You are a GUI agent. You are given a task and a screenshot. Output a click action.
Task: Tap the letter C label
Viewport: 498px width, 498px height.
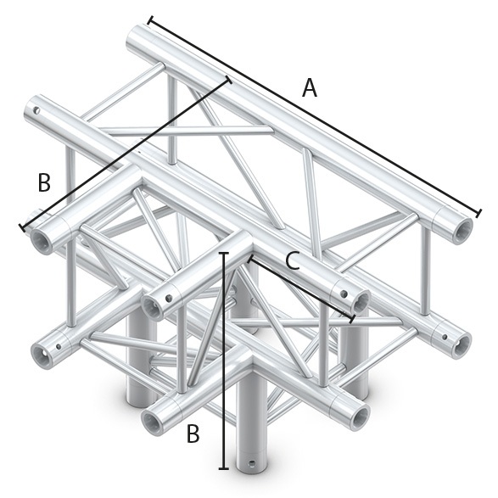[x=292, y=261]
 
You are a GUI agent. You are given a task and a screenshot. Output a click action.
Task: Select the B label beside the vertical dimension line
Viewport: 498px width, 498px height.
[x=193, y=434]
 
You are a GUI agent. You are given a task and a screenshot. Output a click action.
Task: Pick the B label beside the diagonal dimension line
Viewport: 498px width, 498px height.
[x=44, y=182]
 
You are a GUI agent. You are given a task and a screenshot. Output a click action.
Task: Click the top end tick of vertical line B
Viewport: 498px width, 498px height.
[x=224, y=253]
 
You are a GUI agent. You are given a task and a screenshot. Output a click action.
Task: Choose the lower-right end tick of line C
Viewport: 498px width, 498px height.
[x=353, y=319]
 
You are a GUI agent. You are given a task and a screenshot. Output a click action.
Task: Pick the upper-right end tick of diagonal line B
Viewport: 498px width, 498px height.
[x=228, y=81]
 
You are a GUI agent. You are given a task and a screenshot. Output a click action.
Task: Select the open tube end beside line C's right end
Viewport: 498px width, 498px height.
[x=360, y=300]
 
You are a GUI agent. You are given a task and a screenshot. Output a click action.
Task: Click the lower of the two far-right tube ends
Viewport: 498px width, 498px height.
[x=462, y=344]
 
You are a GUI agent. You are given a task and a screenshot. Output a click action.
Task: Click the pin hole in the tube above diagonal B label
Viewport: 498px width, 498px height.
[x=36, y=109]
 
